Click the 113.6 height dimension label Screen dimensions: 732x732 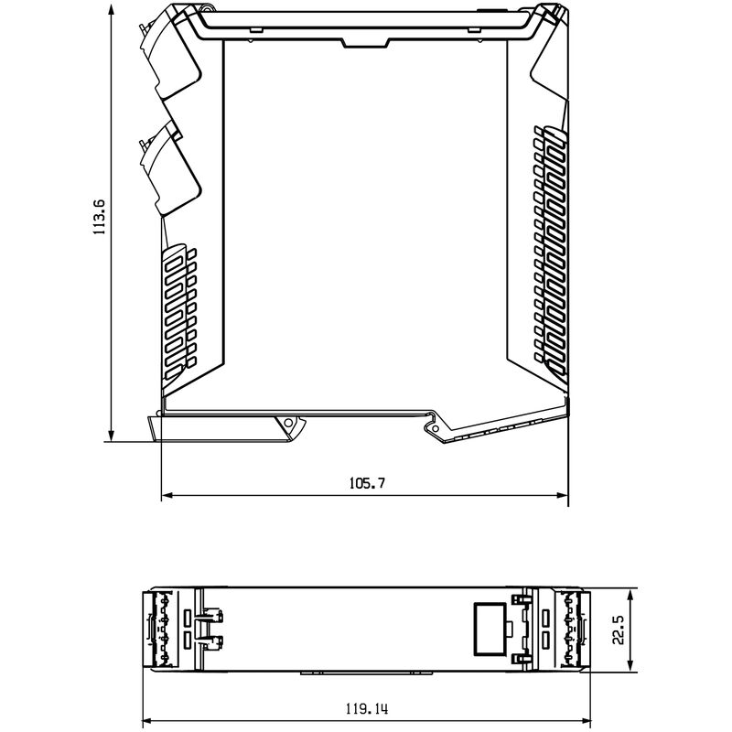(x=100, y=217)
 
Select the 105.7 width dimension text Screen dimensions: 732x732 (x=364, y=483)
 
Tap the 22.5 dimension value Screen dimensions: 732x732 (x=619, y=630)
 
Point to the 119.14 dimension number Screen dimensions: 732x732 (x=364, y=707)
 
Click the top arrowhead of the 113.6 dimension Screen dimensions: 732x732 (x=111, y=7)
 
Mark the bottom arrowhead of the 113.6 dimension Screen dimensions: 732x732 (x=111, y=437)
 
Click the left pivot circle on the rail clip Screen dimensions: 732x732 (x=290, y=424)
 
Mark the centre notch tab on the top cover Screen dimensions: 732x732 (x=365, y=42)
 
